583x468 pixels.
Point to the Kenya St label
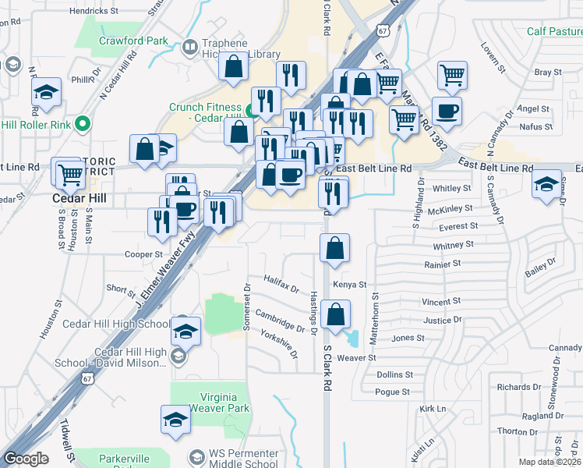(349, 285)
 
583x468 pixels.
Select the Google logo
(26, 459)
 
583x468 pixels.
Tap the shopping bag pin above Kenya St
(334, 247)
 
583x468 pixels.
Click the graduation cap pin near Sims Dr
(546, 184)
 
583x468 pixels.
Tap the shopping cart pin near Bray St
(452, 75)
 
